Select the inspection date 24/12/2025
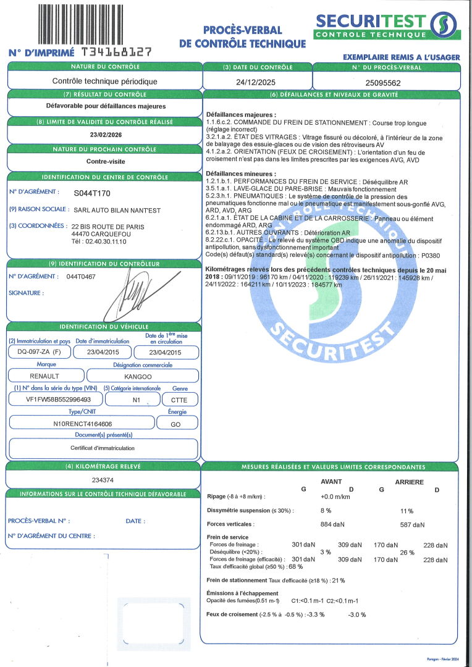coord(258,82)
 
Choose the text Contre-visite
coord(104,161)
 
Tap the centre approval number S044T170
coord(91,193)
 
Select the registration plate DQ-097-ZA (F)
coord(38,353)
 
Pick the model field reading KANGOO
coord(143,375)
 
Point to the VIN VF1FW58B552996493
coord(54,400)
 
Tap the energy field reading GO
coord(176,424)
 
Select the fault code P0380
coord(430,254)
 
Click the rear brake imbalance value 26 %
coord(407,553)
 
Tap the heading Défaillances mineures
coord(241,174)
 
